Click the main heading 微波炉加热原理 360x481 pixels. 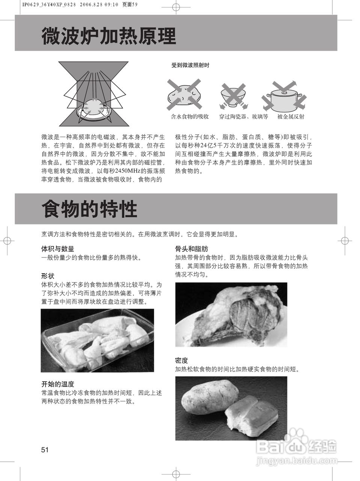tap(108, 36)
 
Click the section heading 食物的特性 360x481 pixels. tap(89, 209)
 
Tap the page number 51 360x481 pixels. tap(45, 450)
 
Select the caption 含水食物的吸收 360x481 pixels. tap(190, 116)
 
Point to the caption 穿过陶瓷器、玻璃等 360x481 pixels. tap(244, 116)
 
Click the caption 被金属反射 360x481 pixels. tap(291, 116)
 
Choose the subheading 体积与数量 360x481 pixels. tap(57, 249)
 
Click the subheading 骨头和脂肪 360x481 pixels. tap(191, 249)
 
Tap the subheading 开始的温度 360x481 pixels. tap(57, 384)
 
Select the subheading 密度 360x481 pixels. tap(181, 360)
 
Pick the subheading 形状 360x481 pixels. tap(48, 276)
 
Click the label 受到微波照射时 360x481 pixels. tap(190, 65)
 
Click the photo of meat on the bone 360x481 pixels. tap(231, 314)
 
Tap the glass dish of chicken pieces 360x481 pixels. tap(97, 340)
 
